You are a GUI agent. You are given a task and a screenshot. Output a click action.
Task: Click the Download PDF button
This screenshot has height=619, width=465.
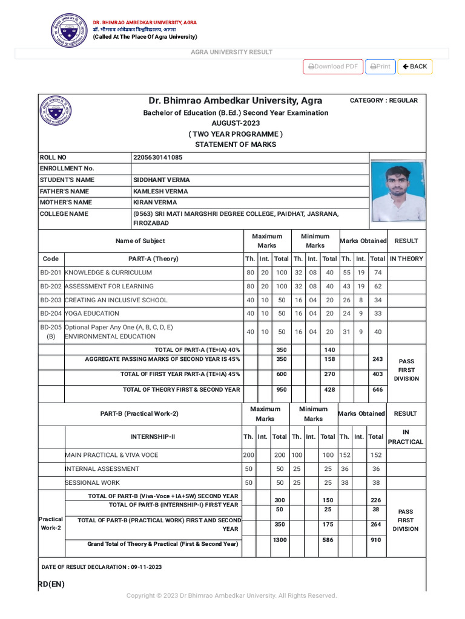tap(332, 66)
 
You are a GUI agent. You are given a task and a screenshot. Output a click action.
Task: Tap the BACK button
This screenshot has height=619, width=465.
tap(415, 66)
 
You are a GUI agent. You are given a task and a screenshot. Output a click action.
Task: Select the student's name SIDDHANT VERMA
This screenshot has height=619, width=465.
tap(161, 180)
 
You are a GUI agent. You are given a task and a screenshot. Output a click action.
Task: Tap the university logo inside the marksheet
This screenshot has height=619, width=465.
tap(55, 111)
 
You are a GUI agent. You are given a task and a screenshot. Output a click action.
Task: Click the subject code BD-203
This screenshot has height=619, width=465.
tap(51, 300)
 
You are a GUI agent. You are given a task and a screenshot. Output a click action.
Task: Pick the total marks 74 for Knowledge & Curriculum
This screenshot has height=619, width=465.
tap(378, 273)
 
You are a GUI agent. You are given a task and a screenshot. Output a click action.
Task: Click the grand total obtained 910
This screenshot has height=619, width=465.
tap(377, 540)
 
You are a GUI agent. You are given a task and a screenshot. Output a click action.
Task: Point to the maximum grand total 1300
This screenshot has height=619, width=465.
tap(280, 540)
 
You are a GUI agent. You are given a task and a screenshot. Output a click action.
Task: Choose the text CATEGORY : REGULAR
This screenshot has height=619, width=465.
tap(384, 100)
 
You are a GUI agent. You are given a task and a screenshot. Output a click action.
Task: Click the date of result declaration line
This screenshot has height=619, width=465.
tap(102, 567)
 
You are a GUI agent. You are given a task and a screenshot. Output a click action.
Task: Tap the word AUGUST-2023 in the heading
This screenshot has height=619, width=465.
tap(236, 123)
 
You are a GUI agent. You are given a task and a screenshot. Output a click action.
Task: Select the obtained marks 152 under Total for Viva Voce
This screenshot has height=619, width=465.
tap(376, 455)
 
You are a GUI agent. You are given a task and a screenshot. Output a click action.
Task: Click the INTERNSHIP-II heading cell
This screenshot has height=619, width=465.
tap(153, 436)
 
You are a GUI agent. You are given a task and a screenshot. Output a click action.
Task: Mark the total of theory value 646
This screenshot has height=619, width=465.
tap(378, 390)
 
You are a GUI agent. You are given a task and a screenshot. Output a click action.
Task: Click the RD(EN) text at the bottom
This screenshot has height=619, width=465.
tap(51, 584)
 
